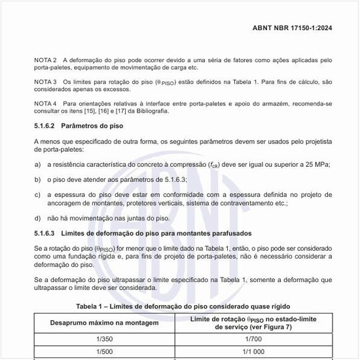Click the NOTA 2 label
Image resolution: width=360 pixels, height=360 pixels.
[45, 60]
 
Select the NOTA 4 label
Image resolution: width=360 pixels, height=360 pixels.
[45, 103]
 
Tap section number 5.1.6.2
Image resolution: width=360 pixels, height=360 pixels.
[46, 125]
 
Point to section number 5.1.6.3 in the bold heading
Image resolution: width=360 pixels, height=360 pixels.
[46, 234]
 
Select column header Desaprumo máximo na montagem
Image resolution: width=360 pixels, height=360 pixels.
[105, 323]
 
